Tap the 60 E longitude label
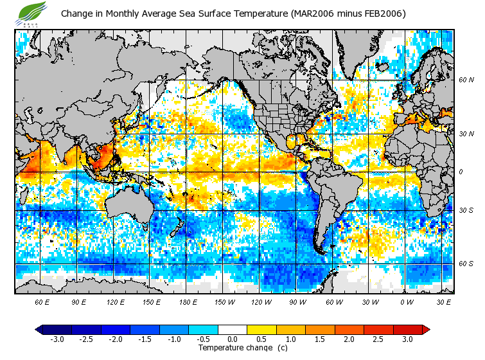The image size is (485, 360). coord(42,301)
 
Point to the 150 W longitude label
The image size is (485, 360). coord(224,301)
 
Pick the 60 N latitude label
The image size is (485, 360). coord(466,80)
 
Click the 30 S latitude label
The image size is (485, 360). coord(466,211)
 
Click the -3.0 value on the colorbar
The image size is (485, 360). coord(57,339)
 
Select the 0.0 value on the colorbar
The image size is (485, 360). coord(233,339)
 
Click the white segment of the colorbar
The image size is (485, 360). coord(233,329)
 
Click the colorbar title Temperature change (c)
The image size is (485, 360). coord(243,348)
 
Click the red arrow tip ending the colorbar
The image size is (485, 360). coord(426,329)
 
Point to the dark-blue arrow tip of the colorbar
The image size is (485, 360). coord(39,329)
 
